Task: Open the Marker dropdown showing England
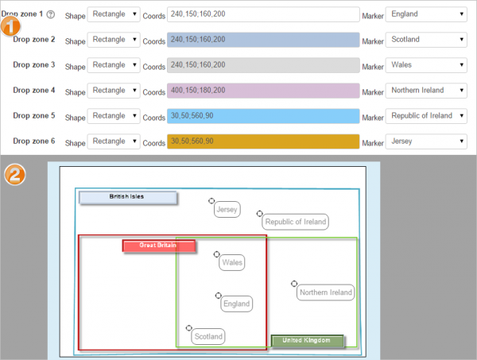pyautogui.click(x=427, y=14)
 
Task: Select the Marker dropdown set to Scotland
pyautogui.click(x=427, y=39)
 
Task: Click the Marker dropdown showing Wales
pyautogui.click(x=427, y=64)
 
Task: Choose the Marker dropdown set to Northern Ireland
pyautogui.click(x=427, y=90)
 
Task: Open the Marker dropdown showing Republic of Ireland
pyautogui.click(x=427, y=115)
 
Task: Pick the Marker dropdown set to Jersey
pyautogui.click(x=427, y=141)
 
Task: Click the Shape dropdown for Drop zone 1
pyautogui.click(x=114, y=14)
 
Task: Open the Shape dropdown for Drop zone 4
pyautogui.click(x=114, y=90)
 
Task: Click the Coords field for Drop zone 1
pyautogui.click(x=262, y=14)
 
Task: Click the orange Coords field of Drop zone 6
pyautogui.click(x=262, y=141)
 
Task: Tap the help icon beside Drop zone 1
pyautogui.click(x=51, y=14)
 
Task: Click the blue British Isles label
pyautogui.click(x=127, y=197)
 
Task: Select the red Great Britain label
pyautogui.click(x=159, y=246)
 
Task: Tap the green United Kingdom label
pyautogui.click(x=307, y=341)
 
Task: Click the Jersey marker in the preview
pyautogui.click(x=227, y=210)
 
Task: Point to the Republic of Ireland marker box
pyautogui.click(x=295, y=223)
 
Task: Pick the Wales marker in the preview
pyautogui.click(x=232, y=262)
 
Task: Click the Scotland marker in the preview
pyautogui.click(x=208, y=336)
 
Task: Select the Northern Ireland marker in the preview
pyautogui.click(x=325, y=292)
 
